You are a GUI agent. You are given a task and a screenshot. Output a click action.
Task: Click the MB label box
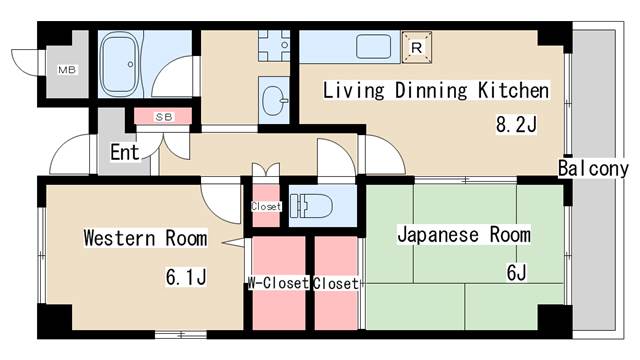pos(67,69)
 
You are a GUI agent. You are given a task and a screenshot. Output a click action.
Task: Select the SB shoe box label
pos(164,117)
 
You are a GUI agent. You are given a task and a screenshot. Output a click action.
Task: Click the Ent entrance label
pos(124,153)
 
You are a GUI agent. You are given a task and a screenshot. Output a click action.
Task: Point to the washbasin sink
pos(273,99)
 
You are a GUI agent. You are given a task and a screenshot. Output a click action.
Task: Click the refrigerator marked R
pos(417,45)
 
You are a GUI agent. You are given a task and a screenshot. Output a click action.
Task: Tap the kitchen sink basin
pos(374,47)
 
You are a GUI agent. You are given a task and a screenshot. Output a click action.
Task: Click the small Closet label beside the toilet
pos(266,207)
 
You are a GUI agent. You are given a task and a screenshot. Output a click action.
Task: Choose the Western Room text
pos(145,238)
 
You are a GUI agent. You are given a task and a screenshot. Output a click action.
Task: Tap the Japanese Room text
pos(464,236)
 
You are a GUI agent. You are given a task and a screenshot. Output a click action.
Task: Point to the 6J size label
pos(516,273)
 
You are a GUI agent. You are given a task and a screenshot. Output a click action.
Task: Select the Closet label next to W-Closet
pos(336,284)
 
